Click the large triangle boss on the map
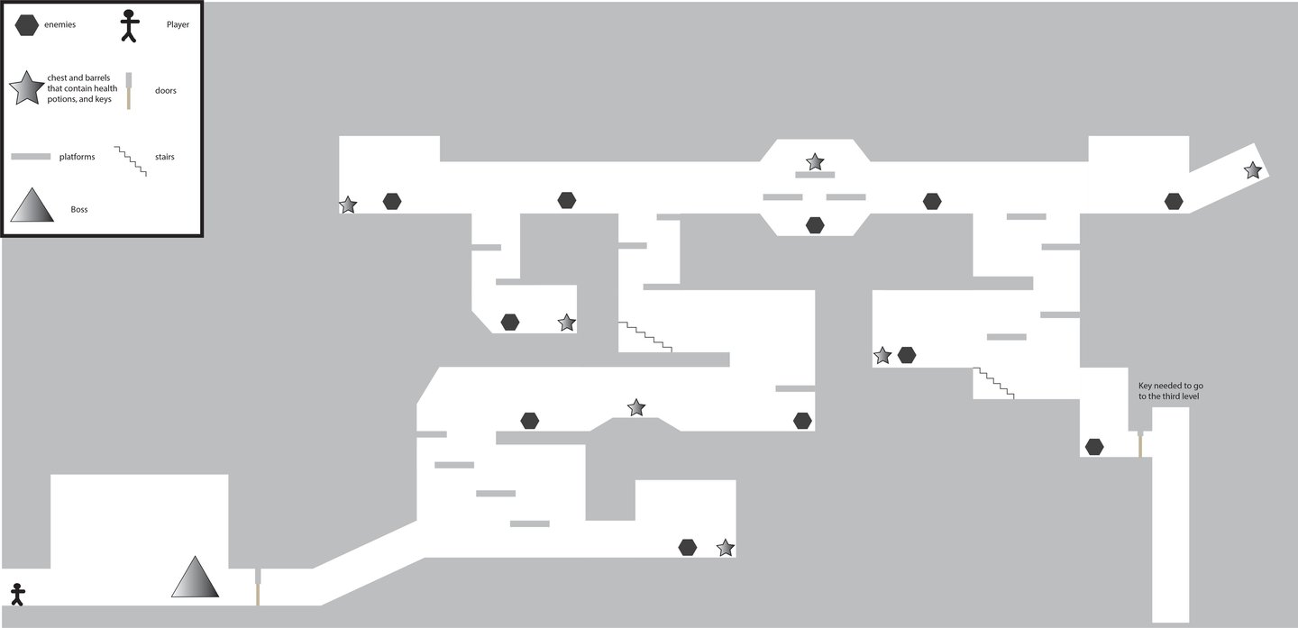[x=196, y=578]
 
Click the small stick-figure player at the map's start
[x=17, y=594]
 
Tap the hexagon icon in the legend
[x=26, y=25]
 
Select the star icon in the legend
[x=26, y=87]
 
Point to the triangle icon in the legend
[x=32, y=205]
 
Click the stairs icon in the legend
[x=131, y=159]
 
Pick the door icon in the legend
[x=130, y=91]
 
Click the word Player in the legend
[x=178, y=25]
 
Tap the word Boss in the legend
[x=79, y=209]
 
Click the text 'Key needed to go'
[x=1169, y=385]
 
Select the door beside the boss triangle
[x=259, y=587]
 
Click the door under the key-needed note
[x=1140, y=443]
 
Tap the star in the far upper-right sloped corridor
[x=1252, y=169]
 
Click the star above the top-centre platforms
[x=815, y=162]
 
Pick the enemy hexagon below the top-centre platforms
[x=815, y=224]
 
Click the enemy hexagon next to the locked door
[x=1094, y=446]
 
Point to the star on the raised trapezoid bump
[x=636, y=407]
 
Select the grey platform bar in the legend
[x=31, y=157]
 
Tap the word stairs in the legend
[x=165, y=157]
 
